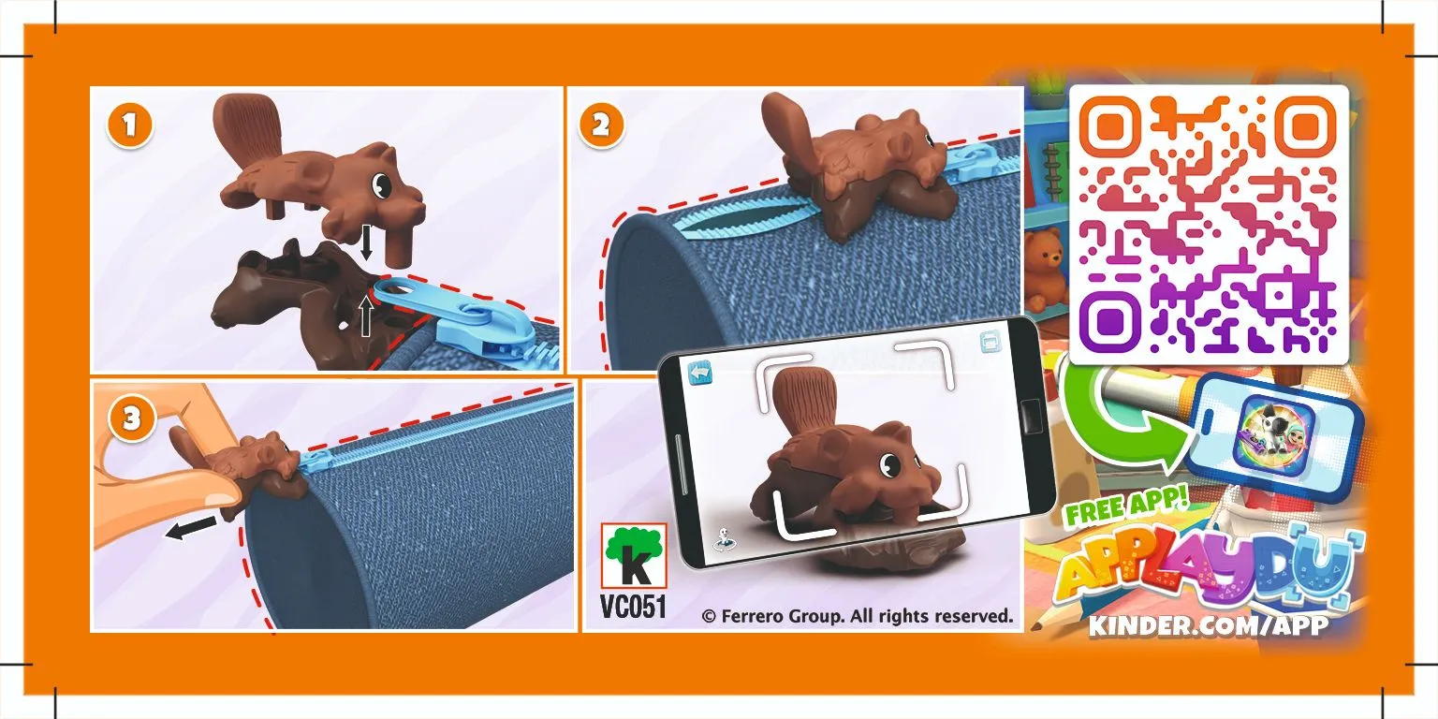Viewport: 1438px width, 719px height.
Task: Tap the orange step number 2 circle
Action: tap(601, 125)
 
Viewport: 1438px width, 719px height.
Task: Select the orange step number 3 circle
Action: tap(131, 418)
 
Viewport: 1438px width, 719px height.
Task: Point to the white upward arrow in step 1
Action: tap(366, 316)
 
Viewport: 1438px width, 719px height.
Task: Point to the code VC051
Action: tap(633, 607)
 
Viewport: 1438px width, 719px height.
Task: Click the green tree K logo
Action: tap(633, 556)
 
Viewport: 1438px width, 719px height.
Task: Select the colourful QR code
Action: tap(1208, 225)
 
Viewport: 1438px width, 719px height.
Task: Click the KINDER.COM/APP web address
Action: tap(1208, 625)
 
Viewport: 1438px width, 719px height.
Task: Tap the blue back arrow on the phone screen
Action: tap(701, 372)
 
